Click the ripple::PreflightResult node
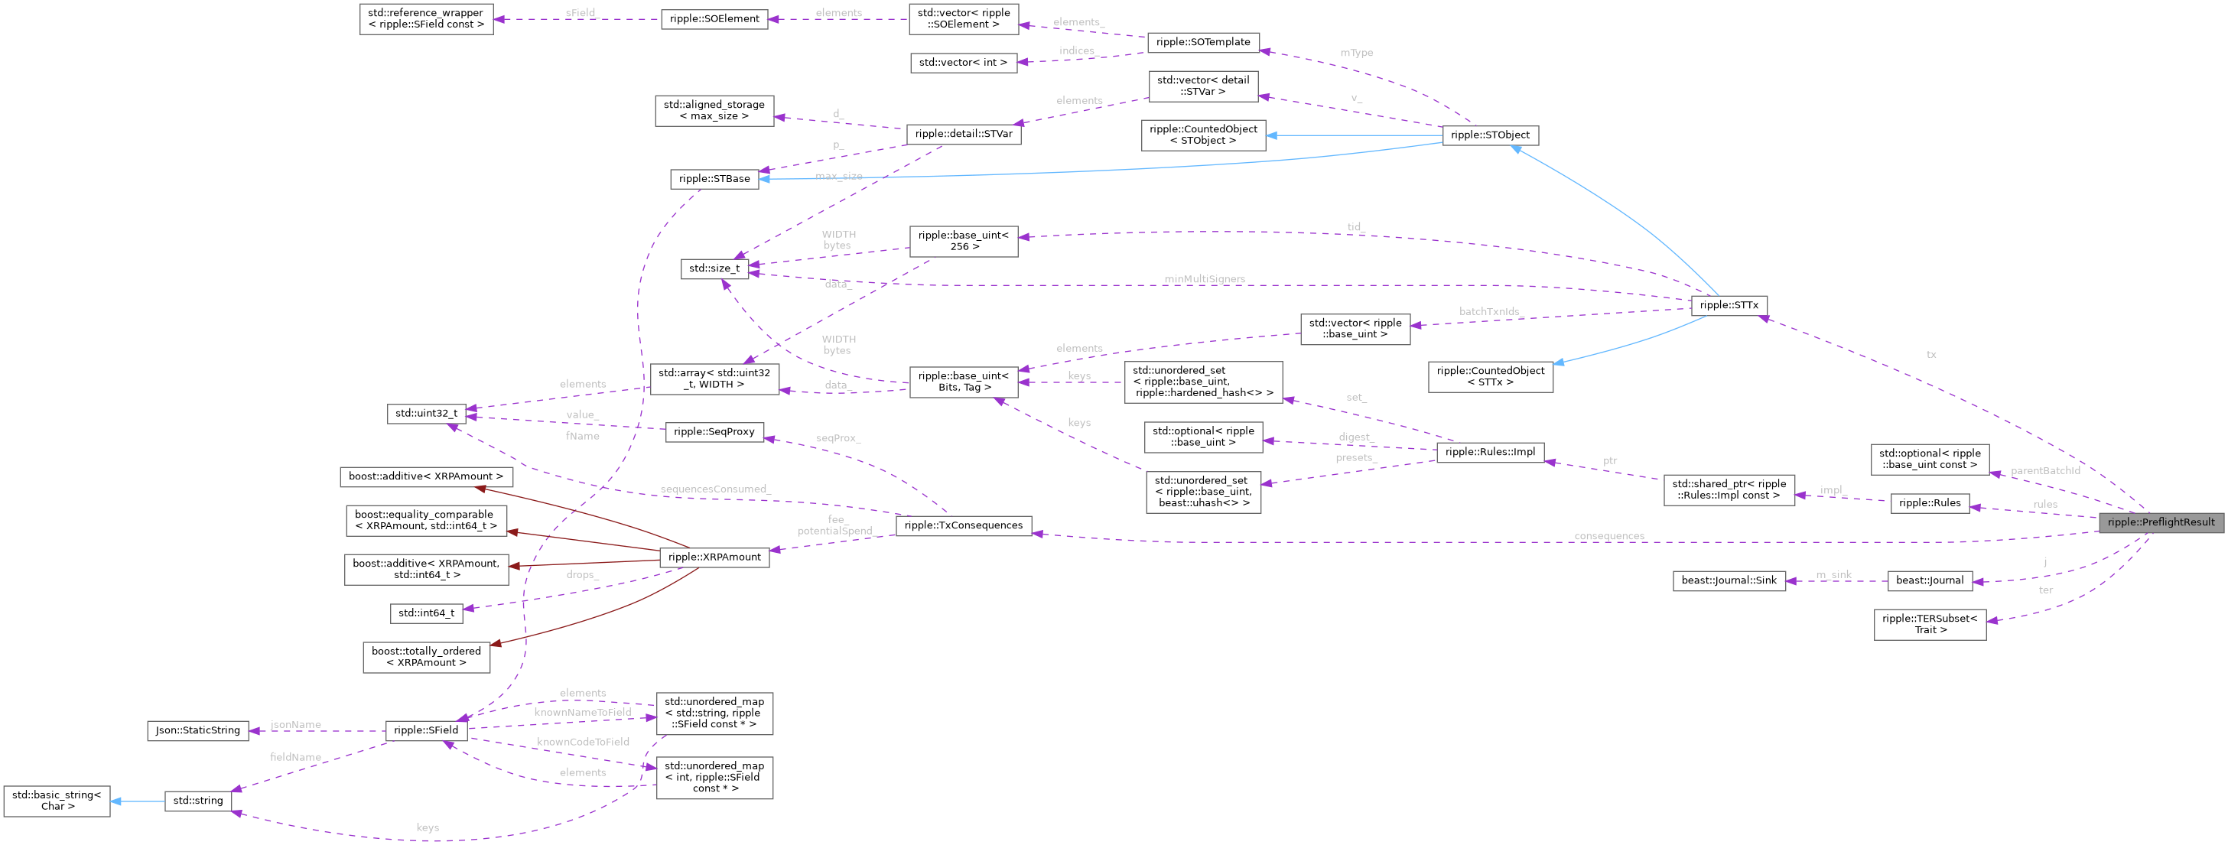click(x=2161, y=522)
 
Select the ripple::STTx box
click(x=1728, y=305)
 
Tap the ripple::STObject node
click(x=1490, y=135)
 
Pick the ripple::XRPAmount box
click(x=714, y=557)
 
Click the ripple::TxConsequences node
click(x=963, y=525)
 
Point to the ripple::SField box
click(x=425, y=731)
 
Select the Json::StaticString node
click(x=198, y=731)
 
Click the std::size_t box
click(x=714, y=268)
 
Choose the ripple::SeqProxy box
click(x=714, y=431)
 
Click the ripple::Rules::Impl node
click(x=1490, y=451)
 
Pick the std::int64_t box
click(x=426, y=613)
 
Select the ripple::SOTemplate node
click(x=1202, y=41)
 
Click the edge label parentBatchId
click(x=2044, y=471)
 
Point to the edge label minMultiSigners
click(x=1204, y=279)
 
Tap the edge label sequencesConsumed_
click(x=714, y=489)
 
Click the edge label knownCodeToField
click(x=582, y=742)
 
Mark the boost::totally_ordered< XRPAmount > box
click(x=426, y=656)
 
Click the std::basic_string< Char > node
click(x=57, y=800)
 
